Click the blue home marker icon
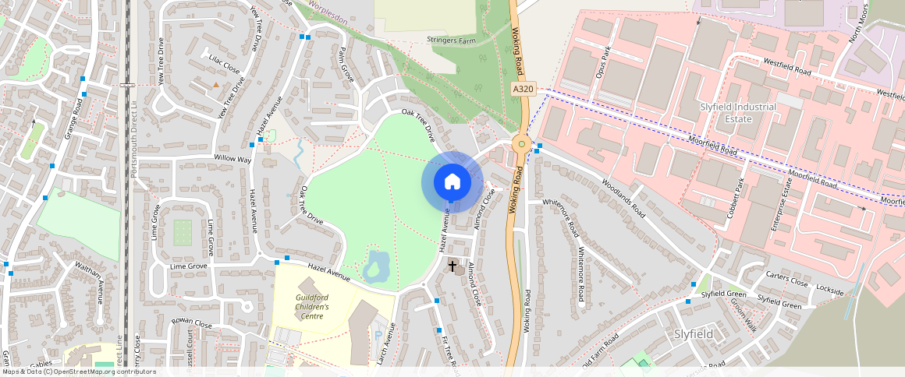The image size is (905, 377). (452, 182)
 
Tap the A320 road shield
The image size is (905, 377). (523, 90)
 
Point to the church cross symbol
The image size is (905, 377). (452, 266)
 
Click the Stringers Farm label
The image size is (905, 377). (451, 40)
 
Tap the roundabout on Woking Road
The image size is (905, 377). (522, 144)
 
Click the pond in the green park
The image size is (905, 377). (376, 266)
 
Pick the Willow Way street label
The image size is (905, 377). (233, 159)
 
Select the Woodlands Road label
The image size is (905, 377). (623, 198)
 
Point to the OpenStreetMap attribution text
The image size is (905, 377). (78, 372)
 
